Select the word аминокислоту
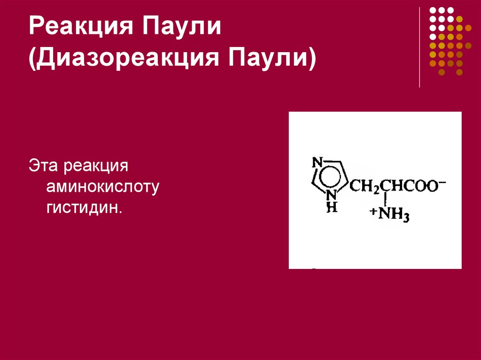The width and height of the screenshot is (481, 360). pyautogui.click(x=103, y=187)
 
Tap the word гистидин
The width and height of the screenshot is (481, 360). pyautogui.click(x=84, y=207)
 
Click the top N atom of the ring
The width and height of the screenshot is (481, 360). pyautogui.click(x=317, y=162)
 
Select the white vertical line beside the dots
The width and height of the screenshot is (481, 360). pyautogui.click(x=419, y=47)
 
